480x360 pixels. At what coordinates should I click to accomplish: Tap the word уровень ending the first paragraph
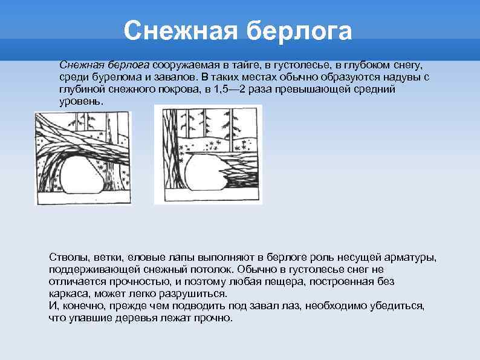pos(81,102)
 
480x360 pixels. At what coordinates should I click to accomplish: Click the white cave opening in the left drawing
pos(81,175)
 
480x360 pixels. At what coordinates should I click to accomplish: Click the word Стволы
pos(67,257)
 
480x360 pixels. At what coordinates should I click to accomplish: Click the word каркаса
pos(68,294)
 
